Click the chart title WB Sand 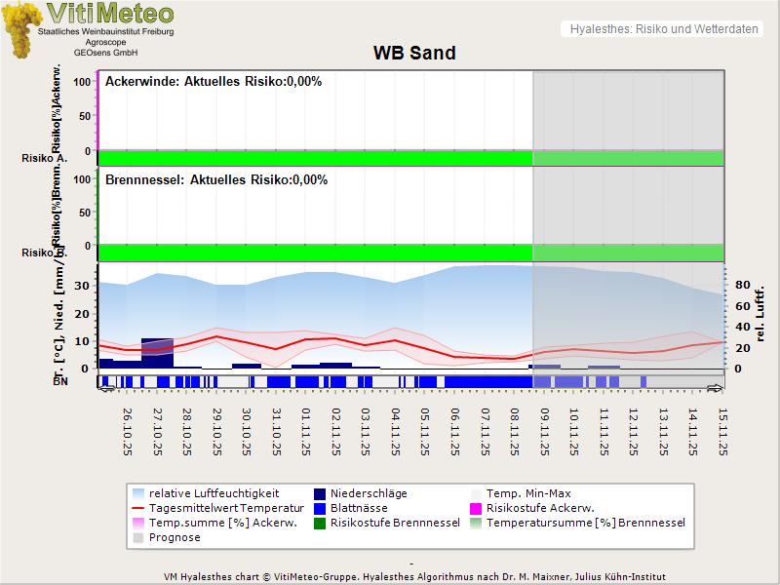pos(414,53)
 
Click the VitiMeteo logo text pos(110,14)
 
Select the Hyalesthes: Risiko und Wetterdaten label pos(663,29)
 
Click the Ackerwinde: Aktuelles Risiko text pos(213,82)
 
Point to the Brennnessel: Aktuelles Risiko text pos(215,180)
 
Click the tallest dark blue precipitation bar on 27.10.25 pos(157,353)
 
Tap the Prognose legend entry pos(174,537)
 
